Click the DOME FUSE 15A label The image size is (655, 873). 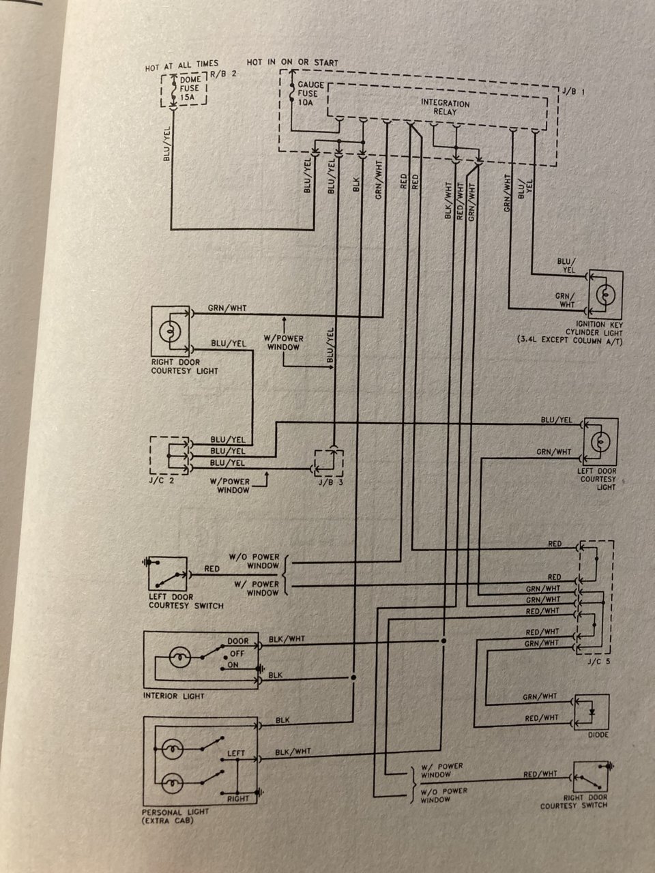(190, 88)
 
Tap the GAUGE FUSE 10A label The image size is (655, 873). (310, 93)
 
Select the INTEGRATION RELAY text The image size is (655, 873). (445, 107)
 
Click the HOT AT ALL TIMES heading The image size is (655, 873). (181, 65)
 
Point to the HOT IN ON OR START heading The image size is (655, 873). (292, 63)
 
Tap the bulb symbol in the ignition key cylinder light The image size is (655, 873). (605, 295)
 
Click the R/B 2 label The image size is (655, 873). (223, 74)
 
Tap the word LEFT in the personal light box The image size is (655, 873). (236, 753)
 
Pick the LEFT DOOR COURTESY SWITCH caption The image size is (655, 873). (186, 602)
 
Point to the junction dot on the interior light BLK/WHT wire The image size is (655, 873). (443, 640)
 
